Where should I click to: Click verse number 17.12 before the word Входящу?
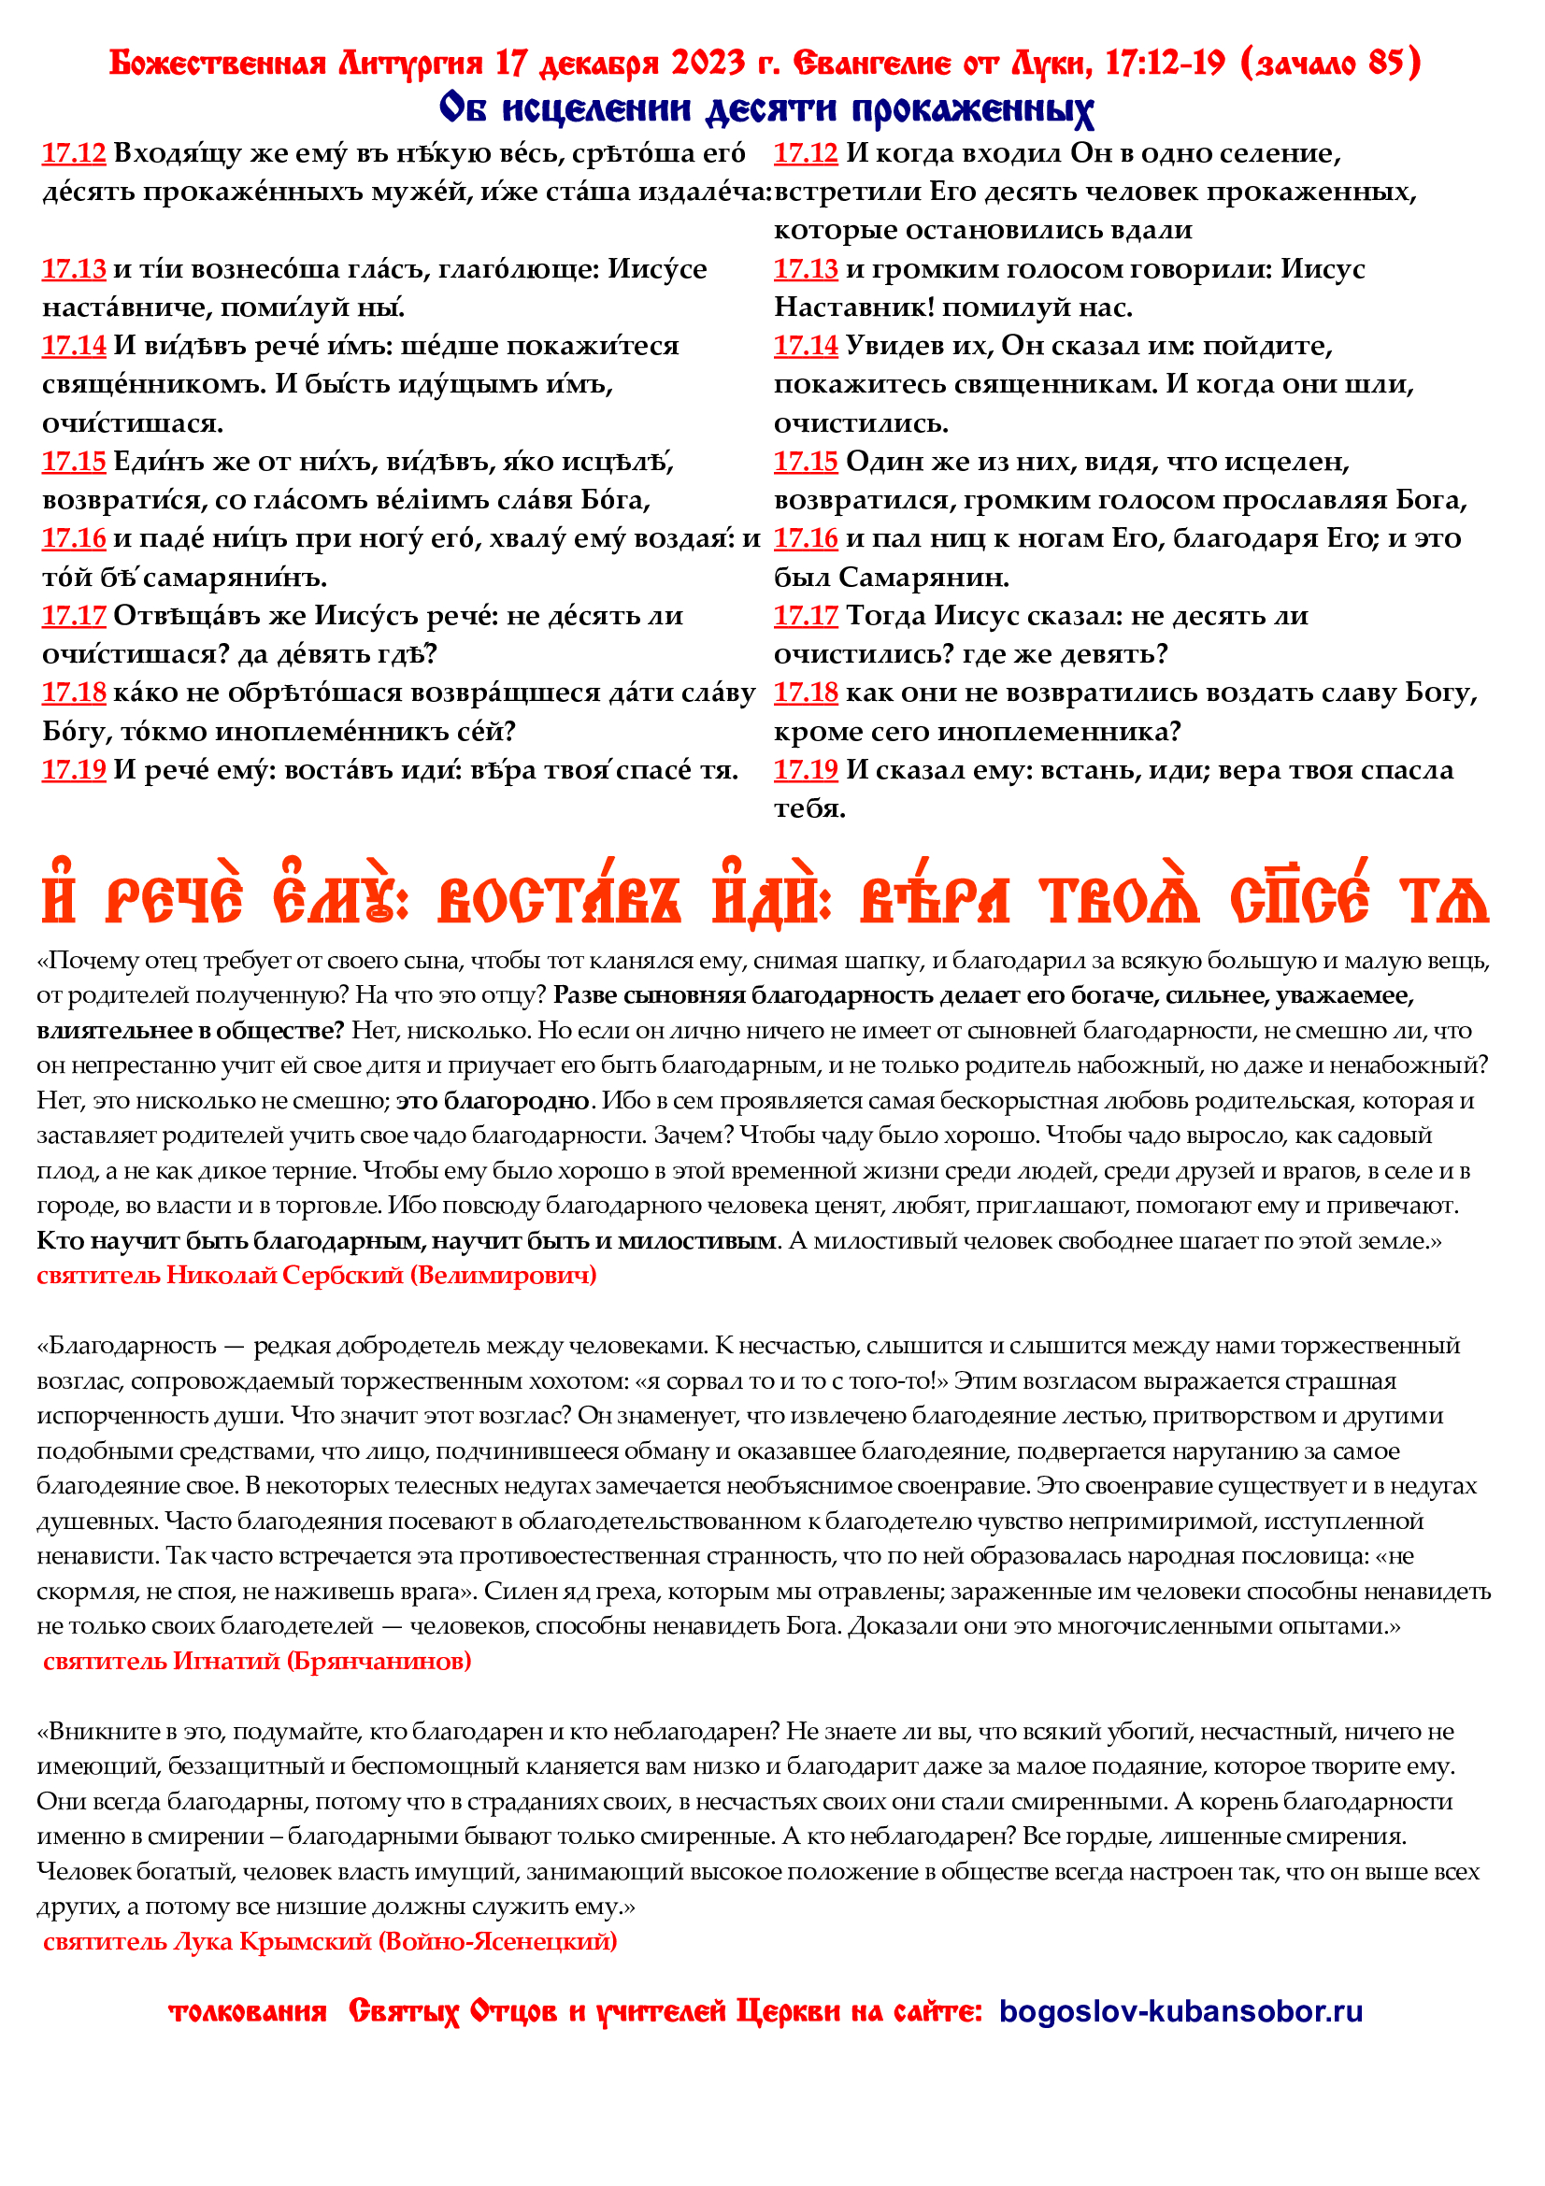73,153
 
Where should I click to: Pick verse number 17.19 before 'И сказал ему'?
806,770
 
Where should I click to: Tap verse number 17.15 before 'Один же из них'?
806,462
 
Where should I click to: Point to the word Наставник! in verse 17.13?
854,307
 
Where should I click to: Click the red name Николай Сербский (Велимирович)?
380,1275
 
